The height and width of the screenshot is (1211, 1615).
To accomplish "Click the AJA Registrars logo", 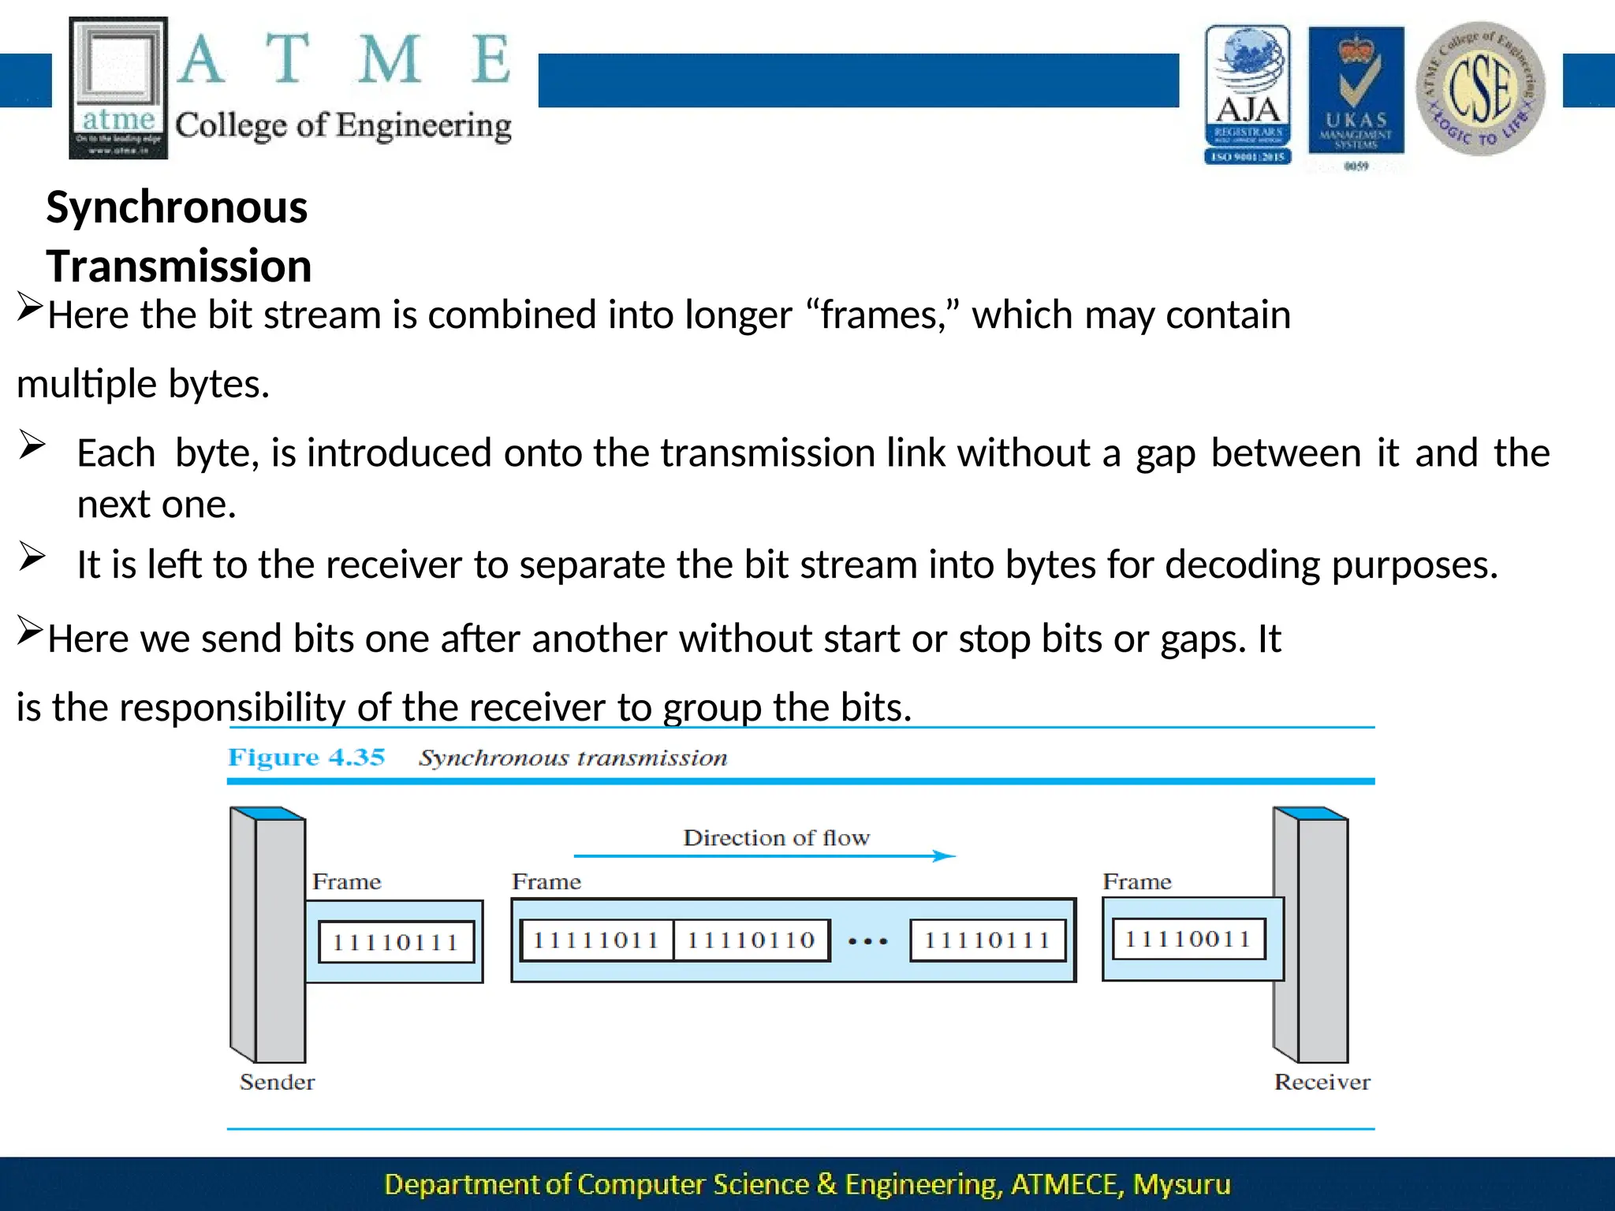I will pyautogui.click(x=1248, y=95).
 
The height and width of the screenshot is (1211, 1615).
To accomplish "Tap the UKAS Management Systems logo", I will pyautogui.click(x=1356, y=95).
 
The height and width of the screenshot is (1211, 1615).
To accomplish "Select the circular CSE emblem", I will pyautogui.click(x=1480, y=88).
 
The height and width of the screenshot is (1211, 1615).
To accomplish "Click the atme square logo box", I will pyautogui.click(x=118, y=88).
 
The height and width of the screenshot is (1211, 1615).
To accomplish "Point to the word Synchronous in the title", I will pyautogui.click(x=177, y=208).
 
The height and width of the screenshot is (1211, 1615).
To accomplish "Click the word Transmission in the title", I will pyautogui.click(x=179, y=266).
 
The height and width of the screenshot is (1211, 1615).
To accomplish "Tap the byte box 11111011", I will pyautogui.click(x=596, y=940).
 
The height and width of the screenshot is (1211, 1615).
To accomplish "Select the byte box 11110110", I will pyautogui.click(x=751, y=940).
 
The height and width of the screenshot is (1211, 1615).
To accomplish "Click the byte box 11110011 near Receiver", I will pyautogui.click(x=1188, y=939).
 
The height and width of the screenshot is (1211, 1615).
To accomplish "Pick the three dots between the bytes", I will pyautogui.click(x=868, y=941).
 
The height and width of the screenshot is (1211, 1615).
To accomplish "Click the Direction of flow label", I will pyautogui.click(x=776, y=837).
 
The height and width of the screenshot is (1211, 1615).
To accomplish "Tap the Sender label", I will pyautogui.click(x=277, y=1082).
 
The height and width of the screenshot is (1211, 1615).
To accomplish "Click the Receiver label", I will pyautogui.click(x=1322, y=1082).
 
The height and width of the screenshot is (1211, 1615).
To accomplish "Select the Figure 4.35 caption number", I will pyautogui.click(x=306, y=757).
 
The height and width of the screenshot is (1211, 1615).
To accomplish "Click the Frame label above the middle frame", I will pyautogui.click(x=546, y=881).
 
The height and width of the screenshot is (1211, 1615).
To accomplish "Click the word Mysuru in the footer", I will pyautogui.click(x=1181, y=1184).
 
